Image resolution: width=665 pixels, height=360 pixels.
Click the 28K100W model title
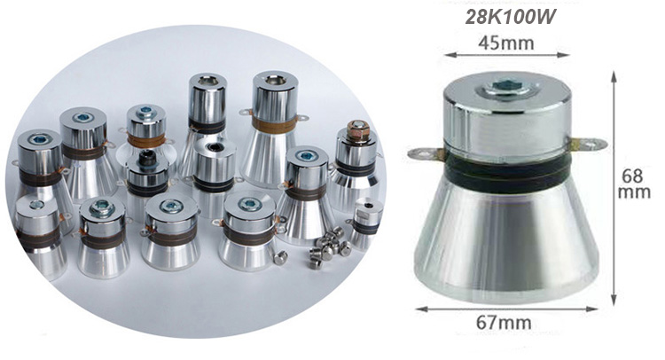click(x=506, y=17)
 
